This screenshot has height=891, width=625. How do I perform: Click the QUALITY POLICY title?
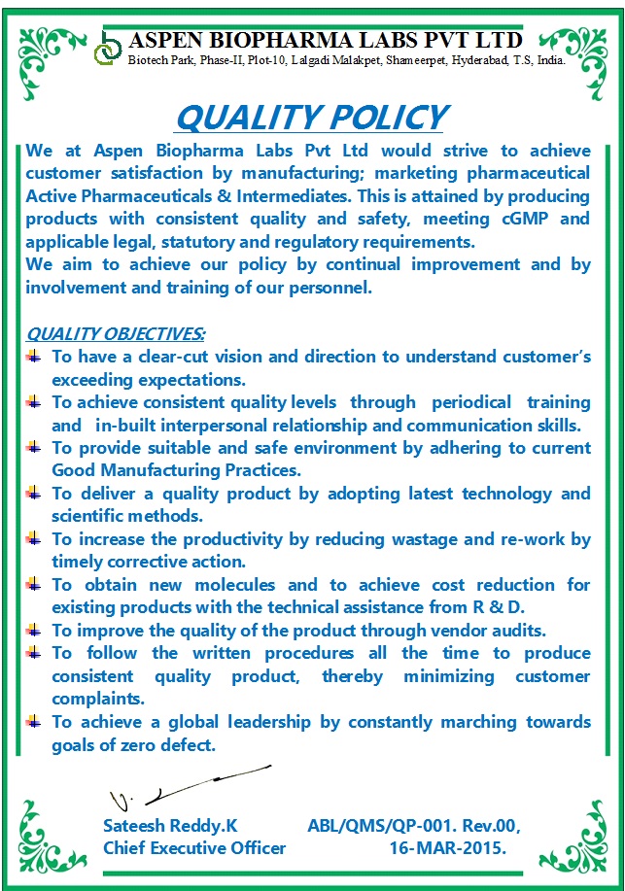click(311, 118)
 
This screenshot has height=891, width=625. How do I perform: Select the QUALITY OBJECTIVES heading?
click(116, 334)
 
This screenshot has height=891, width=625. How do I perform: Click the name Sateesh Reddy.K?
click(170, 826)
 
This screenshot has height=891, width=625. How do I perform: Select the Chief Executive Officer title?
click(194, 848)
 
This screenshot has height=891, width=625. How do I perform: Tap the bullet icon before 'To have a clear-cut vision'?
click(35, 357)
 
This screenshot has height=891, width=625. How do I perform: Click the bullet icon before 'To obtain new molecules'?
click(35, 584)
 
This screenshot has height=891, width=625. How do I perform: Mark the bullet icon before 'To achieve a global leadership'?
click(35, 721)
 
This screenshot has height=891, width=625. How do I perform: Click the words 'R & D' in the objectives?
click(499, 607)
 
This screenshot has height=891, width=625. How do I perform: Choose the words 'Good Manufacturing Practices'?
click(175, 470)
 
